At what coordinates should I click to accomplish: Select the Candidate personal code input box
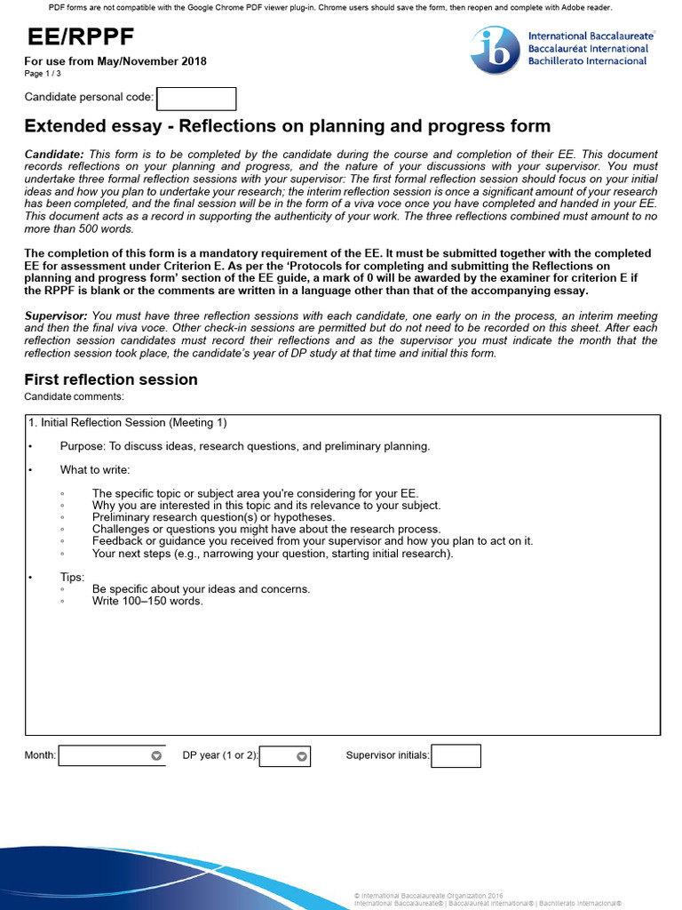pyautogui.click(x=196, y=99)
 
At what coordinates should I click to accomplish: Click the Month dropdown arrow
pyautogui.click(x=156, y=756)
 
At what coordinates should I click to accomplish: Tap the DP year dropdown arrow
pyautogui.click(x=302, y=756)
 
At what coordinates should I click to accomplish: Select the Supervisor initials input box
pyautogui.click(x=456, y=756)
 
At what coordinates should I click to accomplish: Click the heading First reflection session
pyautogui.click(x=111, y=379)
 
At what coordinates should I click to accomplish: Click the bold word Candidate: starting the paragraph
pyautogui.click(x=54, y=155)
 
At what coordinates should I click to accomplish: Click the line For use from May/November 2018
pyautogui.click(x=115, y=61)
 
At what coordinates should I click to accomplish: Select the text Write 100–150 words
pyautogui.click(x=147, y=601)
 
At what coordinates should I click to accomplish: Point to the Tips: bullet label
pyautogui.click(x=73, y=577)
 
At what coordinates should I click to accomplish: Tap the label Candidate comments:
pyautogui.click(x=75, y=396)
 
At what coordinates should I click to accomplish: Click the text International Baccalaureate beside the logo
pyautogui.click(x=588, y=36)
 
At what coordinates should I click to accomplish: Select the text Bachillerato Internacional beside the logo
pyautogui.click(x=588, y=60)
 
